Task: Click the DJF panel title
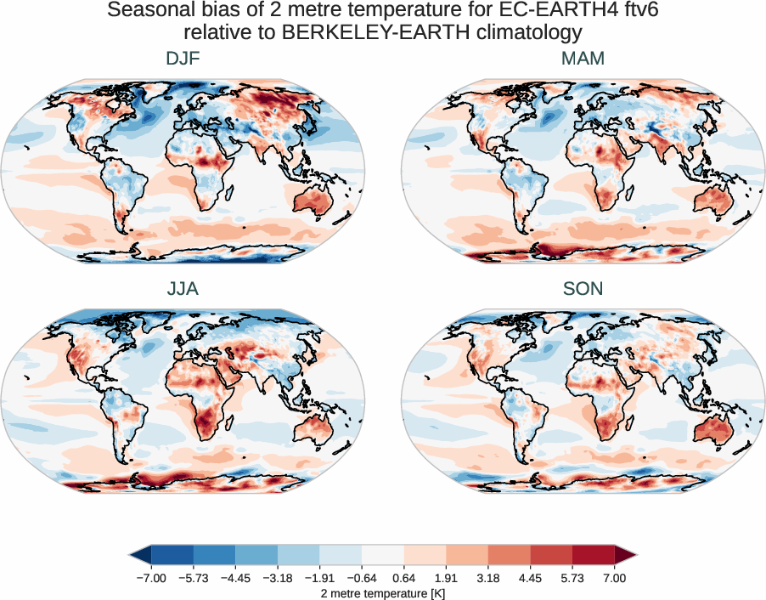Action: coord(183,59)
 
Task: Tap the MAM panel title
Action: coord(583,59)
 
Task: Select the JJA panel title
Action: coord(183,289)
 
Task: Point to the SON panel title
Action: coord(583,289)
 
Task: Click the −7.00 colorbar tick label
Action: coord(150,578)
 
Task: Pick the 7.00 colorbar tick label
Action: coord(615,578)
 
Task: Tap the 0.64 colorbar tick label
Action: coord(403,578)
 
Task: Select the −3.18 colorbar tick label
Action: coord(278,578)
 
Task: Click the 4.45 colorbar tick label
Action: coord(530,578)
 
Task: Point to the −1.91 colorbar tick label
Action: coord(319,578)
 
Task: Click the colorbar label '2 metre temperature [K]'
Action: coord(383,592)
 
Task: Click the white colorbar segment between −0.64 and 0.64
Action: coord(383,556)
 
